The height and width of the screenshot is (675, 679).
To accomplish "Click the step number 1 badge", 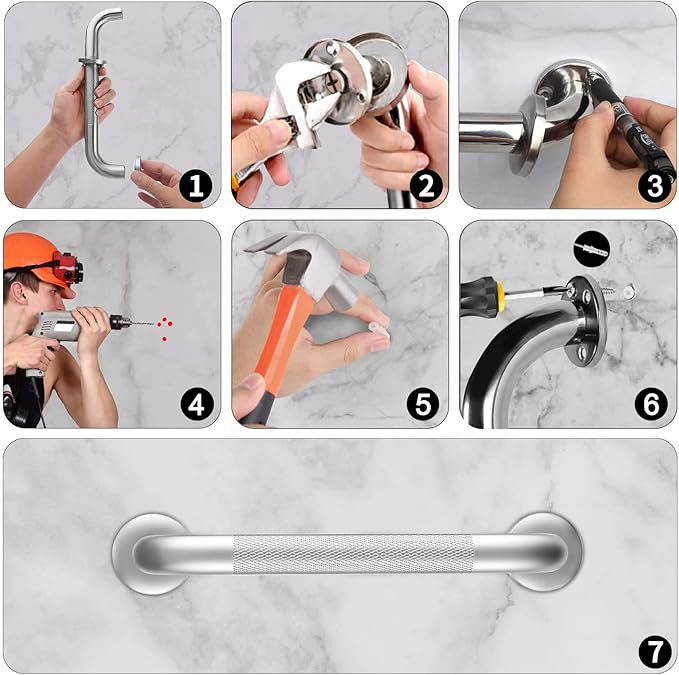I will (x=197, y=184).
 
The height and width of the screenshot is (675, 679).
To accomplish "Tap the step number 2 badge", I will (x=424, y=184).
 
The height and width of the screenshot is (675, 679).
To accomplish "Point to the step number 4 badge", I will (x=197, y=404).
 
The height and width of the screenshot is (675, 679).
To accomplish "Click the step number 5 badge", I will (x=424, y=404).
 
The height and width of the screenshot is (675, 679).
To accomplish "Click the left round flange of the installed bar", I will (x=144, y=553).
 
